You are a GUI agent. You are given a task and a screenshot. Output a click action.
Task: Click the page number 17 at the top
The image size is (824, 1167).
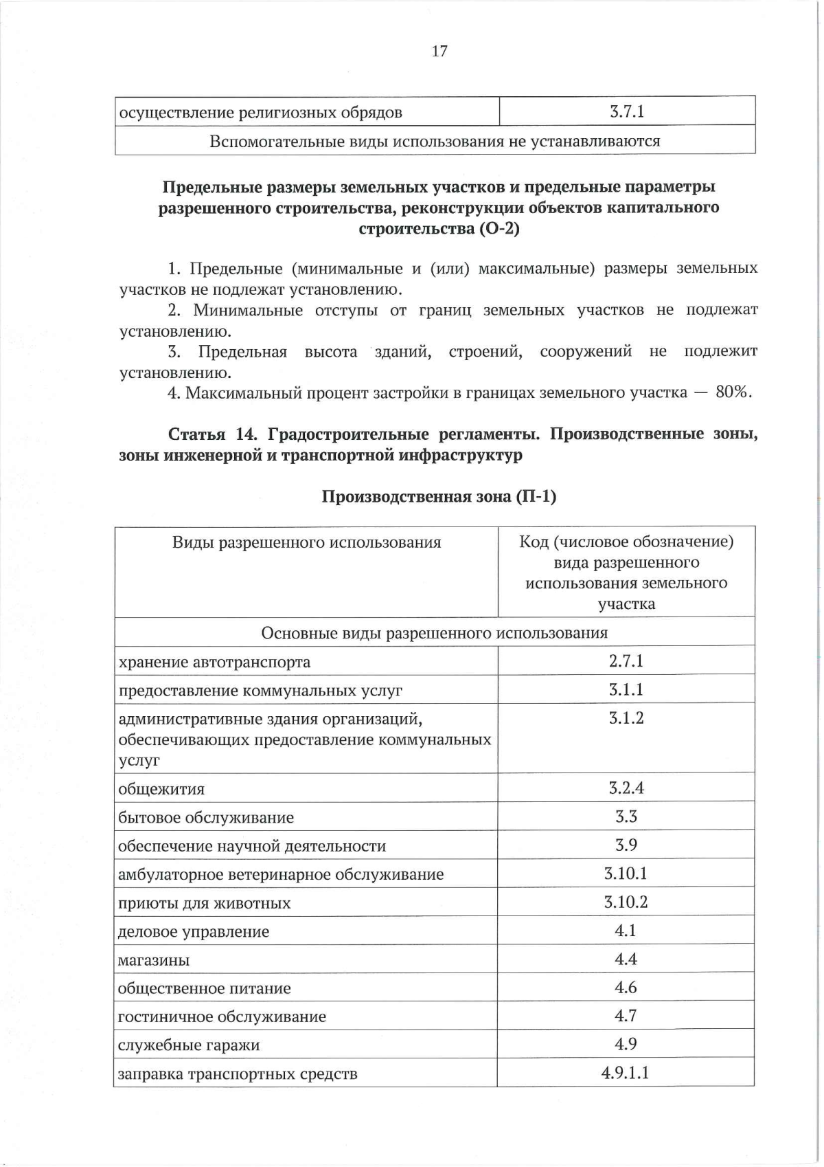439,51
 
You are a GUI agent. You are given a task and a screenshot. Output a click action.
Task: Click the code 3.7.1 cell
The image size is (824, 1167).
626,111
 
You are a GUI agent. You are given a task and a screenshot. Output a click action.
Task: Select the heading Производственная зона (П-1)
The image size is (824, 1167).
439,496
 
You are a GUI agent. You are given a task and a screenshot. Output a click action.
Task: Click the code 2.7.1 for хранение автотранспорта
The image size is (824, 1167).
626,661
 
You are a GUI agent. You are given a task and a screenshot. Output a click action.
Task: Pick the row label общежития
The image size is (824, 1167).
161,789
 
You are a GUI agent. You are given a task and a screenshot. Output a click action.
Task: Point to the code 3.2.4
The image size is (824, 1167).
626,788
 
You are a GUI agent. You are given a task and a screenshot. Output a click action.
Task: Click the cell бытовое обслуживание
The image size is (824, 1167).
206,818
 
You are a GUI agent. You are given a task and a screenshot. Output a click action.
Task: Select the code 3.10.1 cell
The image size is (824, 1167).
626,874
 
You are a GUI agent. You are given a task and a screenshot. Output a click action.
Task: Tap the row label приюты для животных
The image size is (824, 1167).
205,903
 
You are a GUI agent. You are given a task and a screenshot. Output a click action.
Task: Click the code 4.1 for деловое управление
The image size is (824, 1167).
626,931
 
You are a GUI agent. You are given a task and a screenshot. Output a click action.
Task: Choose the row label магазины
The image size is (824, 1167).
154,960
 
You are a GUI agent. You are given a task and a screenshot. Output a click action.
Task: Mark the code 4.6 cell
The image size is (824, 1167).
626,988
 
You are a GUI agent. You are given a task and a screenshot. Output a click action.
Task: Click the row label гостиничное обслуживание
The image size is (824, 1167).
222,1016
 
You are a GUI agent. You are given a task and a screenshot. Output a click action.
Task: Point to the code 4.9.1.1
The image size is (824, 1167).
626,1073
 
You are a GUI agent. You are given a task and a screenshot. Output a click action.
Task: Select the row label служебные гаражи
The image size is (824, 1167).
189,1045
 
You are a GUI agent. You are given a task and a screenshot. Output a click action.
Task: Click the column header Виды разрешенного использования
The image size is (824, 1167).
306,543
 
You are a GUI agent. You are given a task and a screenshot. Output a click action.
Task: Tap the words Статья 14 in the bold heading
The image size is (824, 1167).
212,434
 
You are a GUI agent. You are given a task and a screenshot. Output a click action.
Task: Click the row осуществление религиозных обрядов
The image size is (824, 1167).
261,112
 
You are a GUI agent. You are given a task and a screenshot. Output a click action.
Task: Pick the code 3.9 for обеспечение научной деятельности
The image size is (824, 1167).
626,845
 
